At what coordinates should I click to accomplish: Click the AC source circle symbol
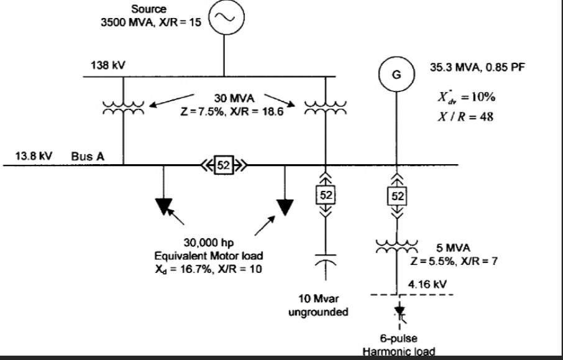[224, 18]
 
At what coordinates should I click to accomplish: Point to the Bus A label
[88, 156]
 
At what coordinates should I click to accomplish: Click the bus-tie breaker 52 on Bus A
[222, 165]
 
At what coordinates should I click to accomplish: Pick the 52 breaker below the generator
[396, 195]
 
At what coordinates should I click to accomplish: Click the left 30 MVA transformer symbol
[123, 108]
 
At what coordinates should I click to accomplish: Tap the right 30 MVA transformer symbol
[326, 108]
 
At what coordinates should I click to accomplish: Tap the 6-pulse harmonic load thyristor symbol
[398, 312]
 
